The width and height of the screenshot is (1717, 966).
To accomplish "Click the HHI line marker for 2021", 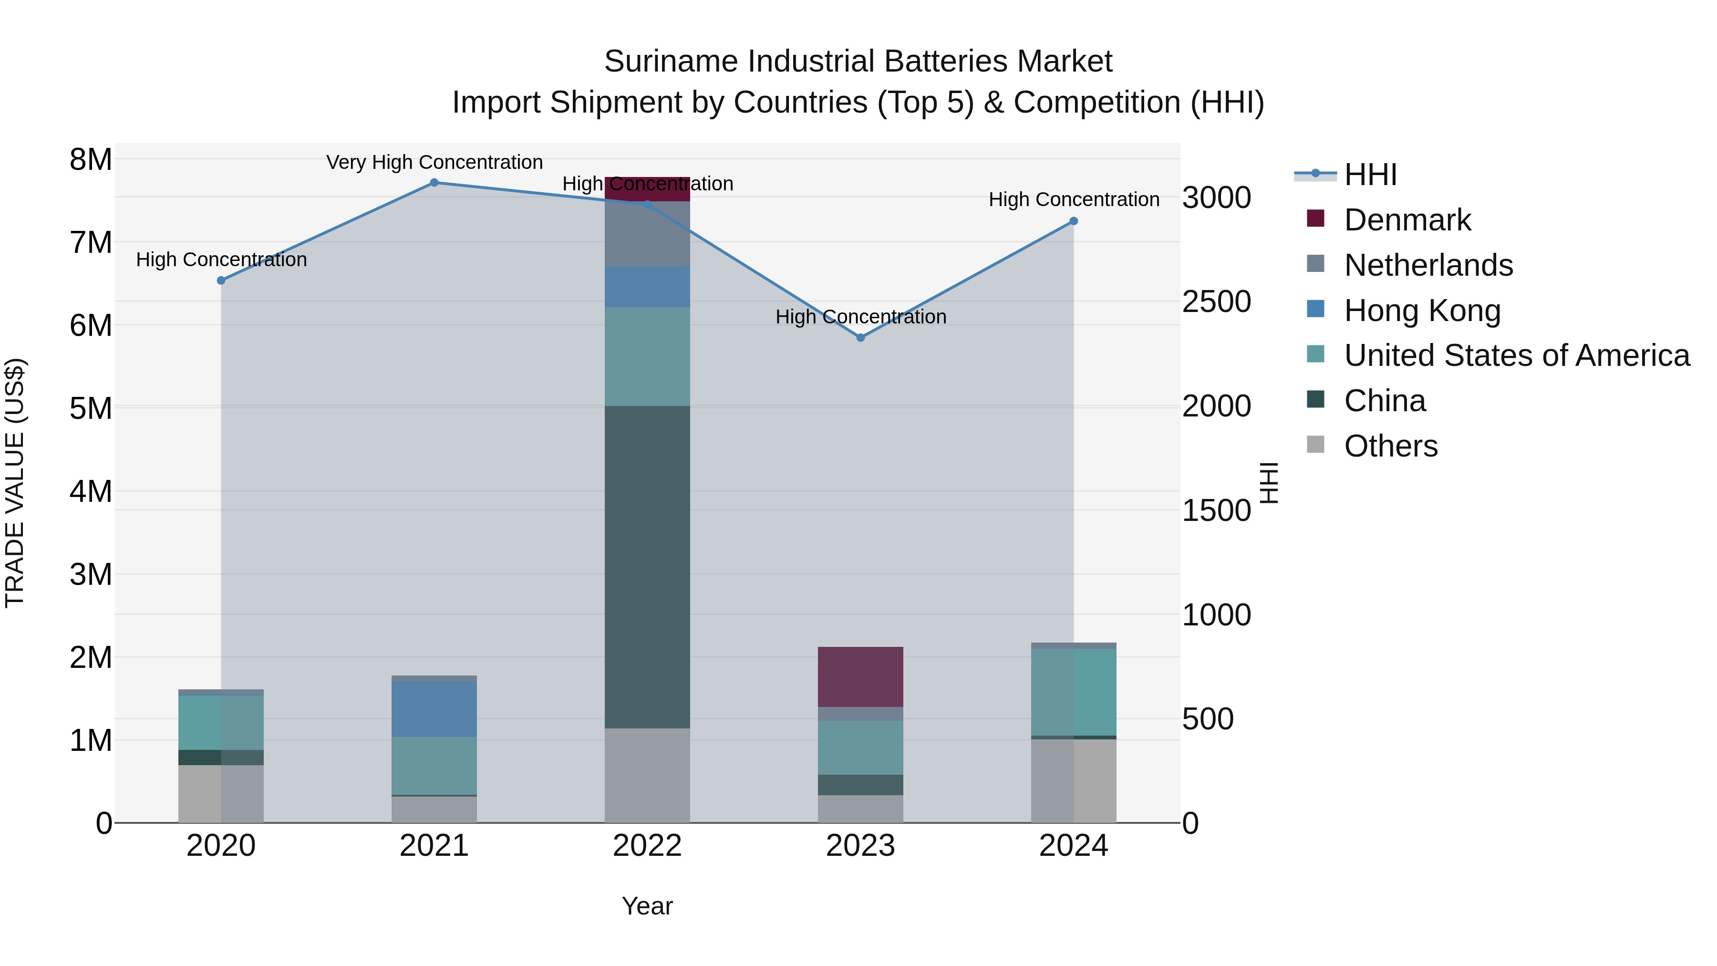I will tap(434, 183).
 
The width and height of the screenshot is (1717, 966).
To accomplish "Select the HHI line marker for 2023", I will tap(860, 338).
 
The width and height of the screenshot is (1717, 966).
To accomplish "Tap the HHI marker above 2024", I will tap(1074, 221).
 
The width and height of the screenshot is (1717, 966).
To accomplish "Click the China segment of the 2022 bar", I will tap(647, 567).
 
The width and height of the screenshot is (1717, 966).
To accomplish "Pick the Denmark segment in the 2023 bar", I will tap(860, 676).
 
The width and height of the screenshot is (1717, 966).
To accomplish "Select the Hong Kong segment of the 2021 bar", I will tap(434, 709).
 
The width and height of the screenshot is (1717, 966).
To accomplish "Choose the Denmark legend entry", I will tap(1407, 220).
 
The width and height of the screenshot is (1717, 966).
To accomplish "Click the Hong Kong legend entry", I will tap(1422, 311).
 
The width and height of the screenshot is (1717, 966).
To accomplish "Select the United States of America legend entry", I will tap(1516, 355).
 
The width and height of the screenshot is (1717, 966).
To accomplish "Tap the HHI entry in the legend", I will tap(1370, 175).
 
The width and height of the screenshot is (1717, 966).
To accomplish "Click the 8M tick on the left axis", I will tap(91, 160).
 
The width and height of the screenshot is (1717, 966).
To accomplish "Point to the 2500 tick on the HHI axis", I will tap(1216, 302).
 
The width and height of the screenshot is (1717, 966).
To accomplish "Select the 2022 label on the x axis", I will tap(647, 846).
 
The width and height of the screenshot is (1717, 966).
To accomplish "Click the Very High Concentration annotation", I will tap(434, 163).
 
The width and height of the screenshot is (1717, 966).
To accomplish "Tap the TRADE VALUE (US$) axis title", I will tap(15, 483).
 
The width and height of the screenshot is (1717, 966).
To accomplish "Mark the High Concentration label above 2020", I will tap(221, 260).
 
